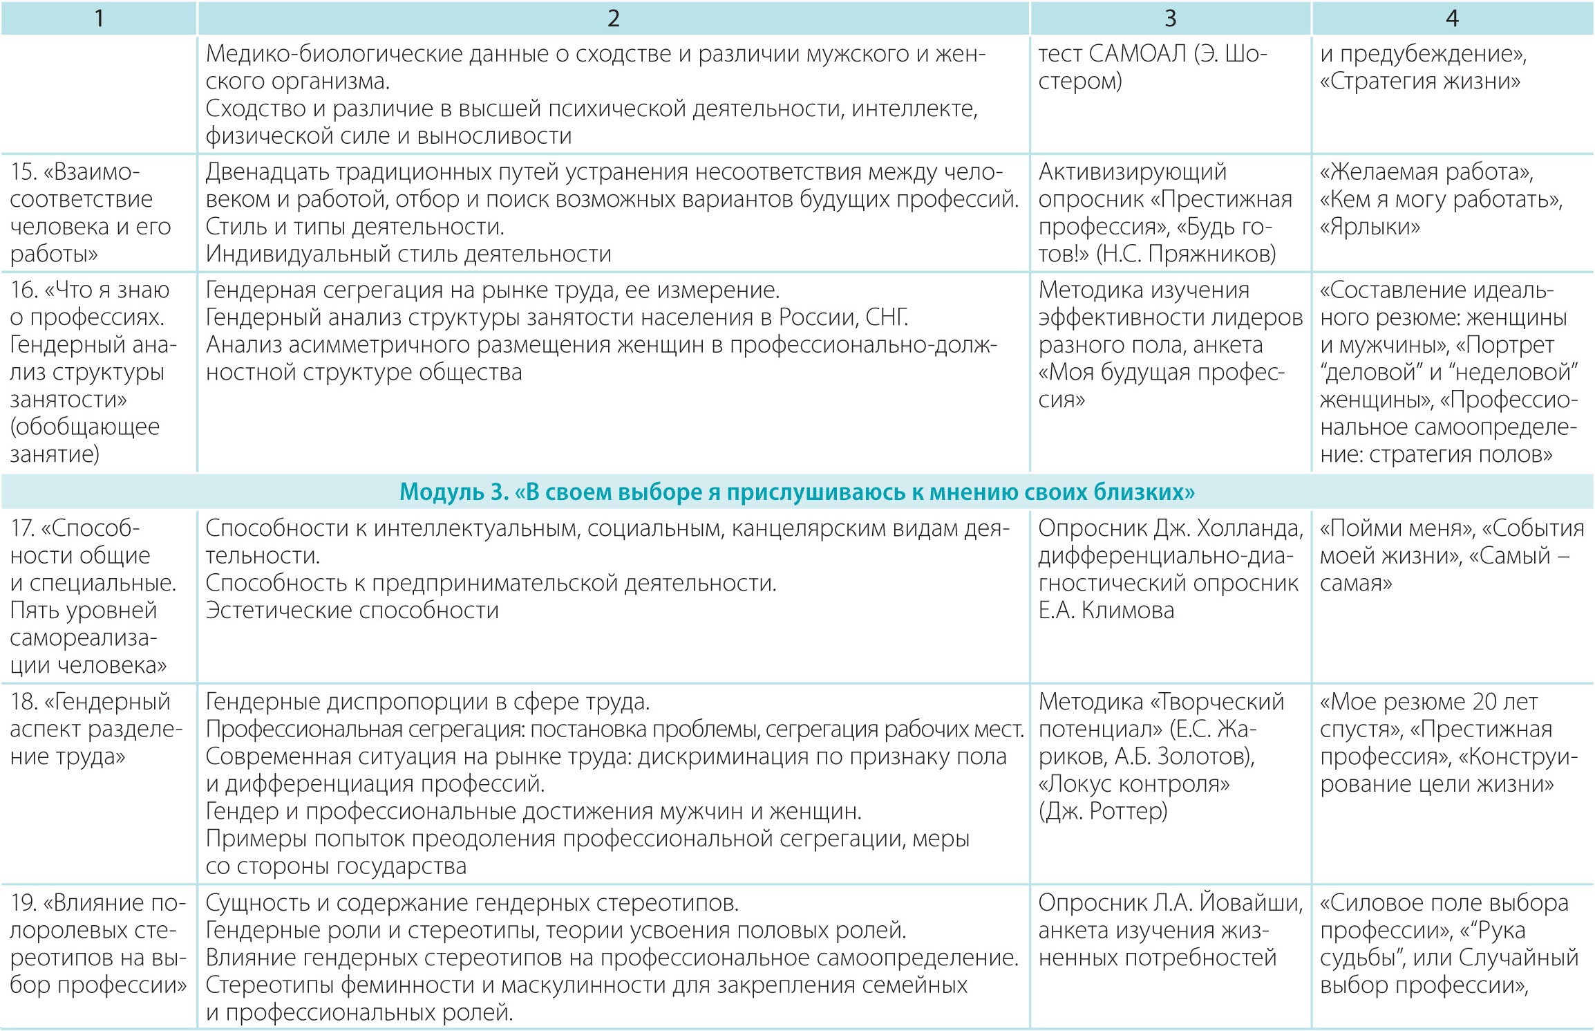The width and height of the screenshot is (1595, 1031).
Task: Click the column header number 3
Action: coord(1170,19)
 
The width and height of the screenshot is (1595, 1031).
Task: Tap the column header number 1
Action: coord(99,19)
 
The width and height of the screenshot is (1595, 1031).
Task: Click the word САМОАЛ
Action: coord(1138,53)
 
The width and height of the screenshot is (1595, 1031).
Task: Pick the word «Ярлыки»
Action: coord(1370,227)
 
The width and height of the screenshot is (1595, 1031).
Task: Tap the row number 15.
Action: coord(23,172)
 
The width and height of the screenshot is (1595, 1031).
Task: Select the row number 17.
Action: coord(22,528)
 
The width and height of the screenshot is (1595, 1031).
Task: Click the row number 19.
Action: coord(23,903)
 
